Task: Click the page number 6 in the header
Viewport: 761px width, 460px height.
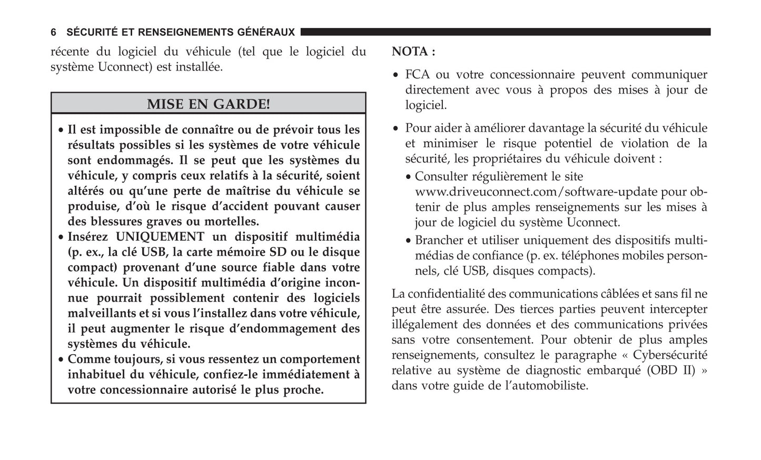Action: point(53,33)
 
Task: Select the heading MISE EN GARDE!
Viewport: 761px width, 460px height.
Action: point(208,104)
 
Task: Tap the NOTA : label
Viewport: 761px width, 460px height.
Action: point(413,52)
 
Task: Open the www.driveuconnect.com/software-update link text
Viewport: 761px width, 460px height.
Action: point(537,192)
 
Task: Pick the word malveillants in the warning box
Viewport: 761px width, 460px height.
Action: point(102,314)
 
